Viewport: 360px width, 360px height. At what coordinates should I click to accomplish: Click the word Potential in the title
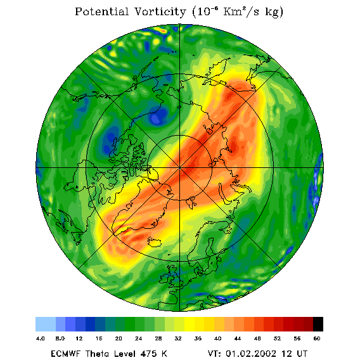click(x=101, y=11)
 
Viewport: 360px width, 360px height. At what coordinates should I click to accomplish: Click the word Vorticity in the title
click(x=160, y=11)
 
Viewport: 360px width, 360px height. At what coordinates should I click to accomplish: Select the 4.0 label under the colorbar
click(x=41, y=338)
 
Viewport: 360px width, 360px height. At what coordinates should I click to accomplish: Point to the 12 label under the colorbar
click(x=79, y=338)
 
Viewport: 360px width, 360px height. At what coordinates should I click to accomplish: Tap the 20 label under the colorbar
click(x=119, y=338)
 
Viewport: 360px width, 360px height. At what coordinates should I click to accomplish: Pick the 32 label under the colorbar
click(x=178, y=338)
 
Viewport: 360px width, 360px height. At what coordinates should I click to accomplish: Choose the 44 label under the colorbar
click(x=238, y=338)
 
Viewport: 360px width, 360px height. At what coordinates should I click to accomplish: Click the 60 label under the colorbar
click(x=317, y=338)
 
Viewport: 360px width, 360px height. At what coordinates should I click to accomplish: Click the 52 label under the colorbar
click(x=277, y=338)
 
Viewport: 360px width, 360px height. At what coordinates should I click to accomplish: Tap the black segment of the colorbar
click(x=318, y=324)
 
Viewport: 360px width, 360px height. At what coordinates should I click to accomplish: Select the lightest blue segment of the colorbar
click(x=46, y=324)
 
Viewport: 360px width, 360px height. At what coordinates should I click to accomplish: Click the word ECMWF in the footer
click(x=66, y=353)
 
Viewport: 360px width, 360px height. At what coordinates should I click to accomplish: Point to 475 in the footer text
click(x=149, y=353)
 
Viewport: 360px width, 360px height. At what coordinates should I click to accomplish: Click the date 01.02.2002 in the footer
click(x=251, y=353)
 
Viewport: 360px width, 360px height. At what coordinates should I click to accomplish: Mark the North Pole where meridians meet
click(x=179, y=168)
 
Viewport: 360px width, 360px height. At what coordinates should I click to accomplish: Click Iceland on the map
click(x=154, y=242)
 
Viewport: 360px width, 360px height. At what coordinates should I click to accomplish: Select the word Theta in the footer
click(x=98, y=353)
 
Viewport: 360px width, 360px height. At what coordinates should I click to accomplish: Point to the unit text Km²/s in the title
click(x=241, y=11)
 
